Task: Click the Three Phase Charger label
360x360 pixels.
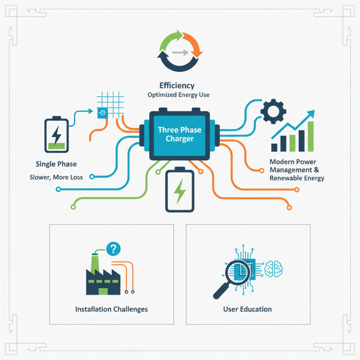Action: tap(180, 134)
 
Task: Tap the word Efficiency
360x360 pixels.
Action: tap(177, 85)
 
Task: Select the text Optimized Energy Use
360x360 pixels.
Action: tap(178, 95)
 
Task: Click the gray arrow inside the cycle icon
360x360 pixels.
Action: tap(180, 53)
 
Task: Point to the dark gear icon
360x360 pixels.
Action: tap(273, 111)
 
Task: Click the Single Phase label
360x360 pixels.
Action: tap(56, 164)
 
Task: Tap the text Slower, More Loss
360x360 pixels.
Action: tap(56, 177)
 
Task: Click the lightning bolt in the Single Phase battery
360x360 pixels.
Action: tap(56, 135)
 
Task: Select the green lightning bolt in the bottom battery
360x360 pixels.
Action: tap(180, 192)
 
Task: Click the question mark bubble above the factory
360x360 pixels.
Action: tap(113, 249)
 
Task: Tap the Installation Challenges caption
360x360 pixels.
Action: tap(111, 309)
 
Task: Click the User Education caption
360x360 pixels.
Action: tap(247, 309)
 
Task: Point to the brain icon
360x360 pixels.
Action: tap(273, 269)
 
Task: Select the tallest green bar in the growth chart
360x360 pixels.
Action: tap(310, 136)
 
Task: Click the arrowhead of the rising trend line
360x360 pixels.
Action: tap(311, 114)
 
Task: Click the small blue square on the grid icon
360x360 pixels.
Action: tap(103, 113)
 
